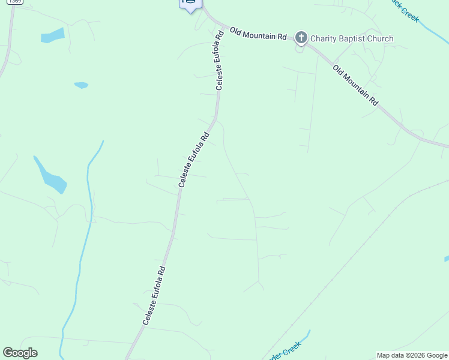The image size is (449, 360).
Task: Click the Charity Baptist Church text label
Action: coord(352,39)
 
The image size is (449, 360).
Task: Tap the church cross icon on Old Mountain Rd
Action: coord(301,39)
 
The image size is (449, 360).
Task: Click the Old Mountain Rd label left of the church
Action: coord(258,34)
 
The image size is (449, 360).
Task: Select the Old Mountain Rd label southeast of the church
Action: coord(355,85)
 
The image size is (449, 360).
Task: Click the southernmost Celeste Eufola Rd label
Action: coord(154,296)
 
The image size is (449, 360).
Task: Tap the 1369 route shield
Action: coord(15,2)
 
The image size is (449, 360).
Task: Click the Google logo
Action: coord(20,353)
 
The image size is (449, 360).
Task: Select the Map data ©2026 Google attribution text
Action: coord(412,355)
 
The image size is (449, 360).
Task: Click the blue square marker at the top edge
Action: coord(190,4)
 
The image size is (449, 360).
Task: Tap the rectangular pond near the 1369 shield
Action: coord(52,36)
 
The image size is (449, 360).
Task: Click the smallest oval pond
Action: coord(81,85)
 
